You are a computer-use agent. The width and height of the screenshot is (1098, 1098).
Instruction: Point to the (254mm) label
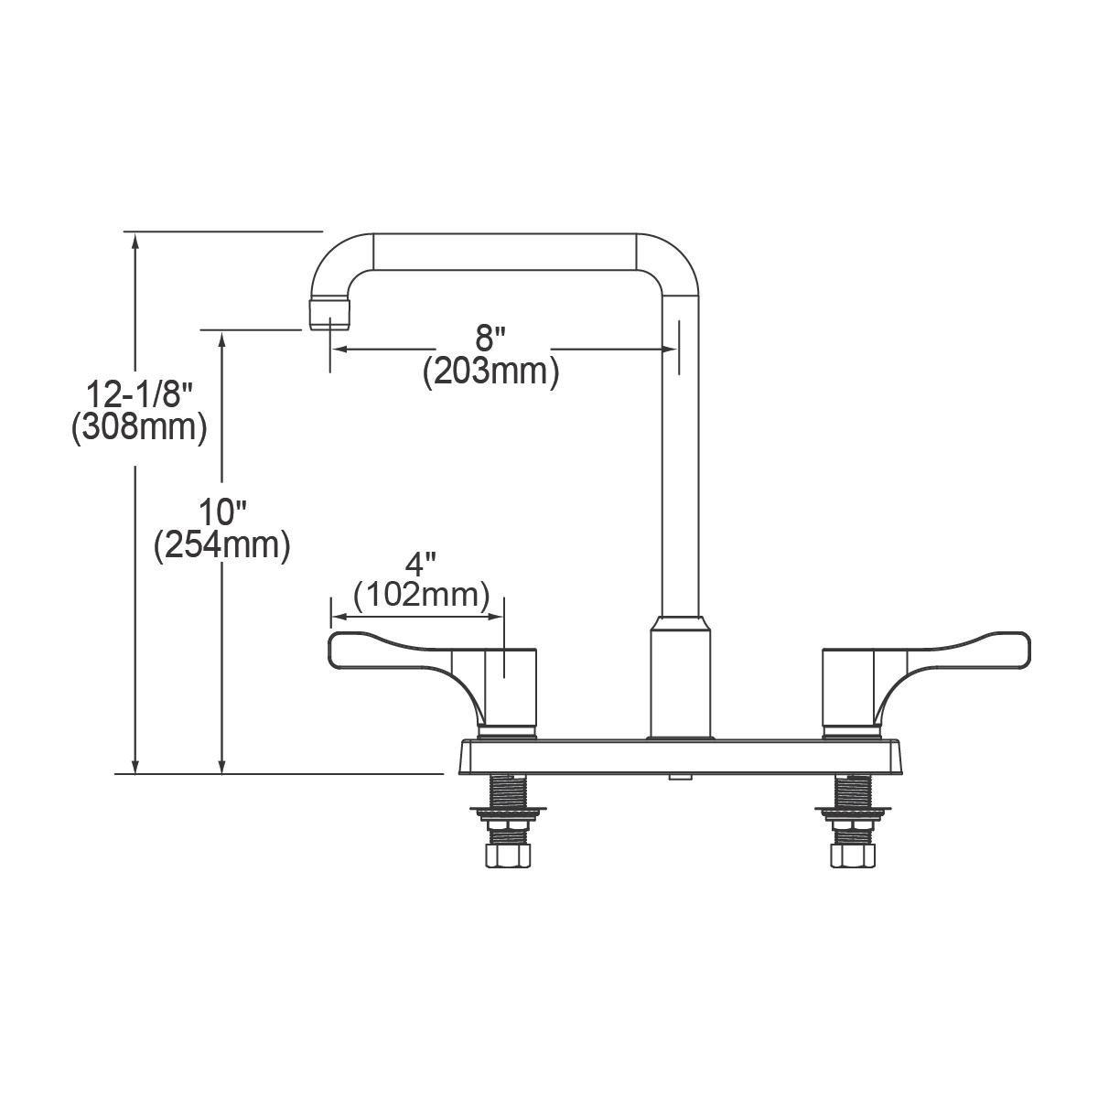222,545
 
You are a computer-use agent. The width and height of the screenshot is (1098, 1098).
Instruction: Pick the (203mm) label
490,372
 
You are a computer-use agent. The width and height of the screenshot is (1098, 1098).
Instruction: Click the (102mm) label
421,595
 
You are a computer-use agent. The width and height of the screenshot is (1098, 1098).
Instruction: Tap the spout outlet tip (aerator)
329,314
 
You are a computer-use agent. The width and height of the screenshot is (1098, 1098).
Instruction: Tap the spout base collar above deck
680,677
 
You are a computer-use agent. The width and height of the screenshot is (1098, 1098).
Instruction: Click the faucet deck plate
680,757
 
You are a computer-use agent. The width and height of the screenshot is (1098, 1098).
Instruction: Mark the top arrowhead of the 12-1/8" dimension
136,241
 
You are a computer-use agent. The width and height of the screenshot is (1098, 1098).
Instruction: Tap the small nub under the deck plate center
680,778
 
